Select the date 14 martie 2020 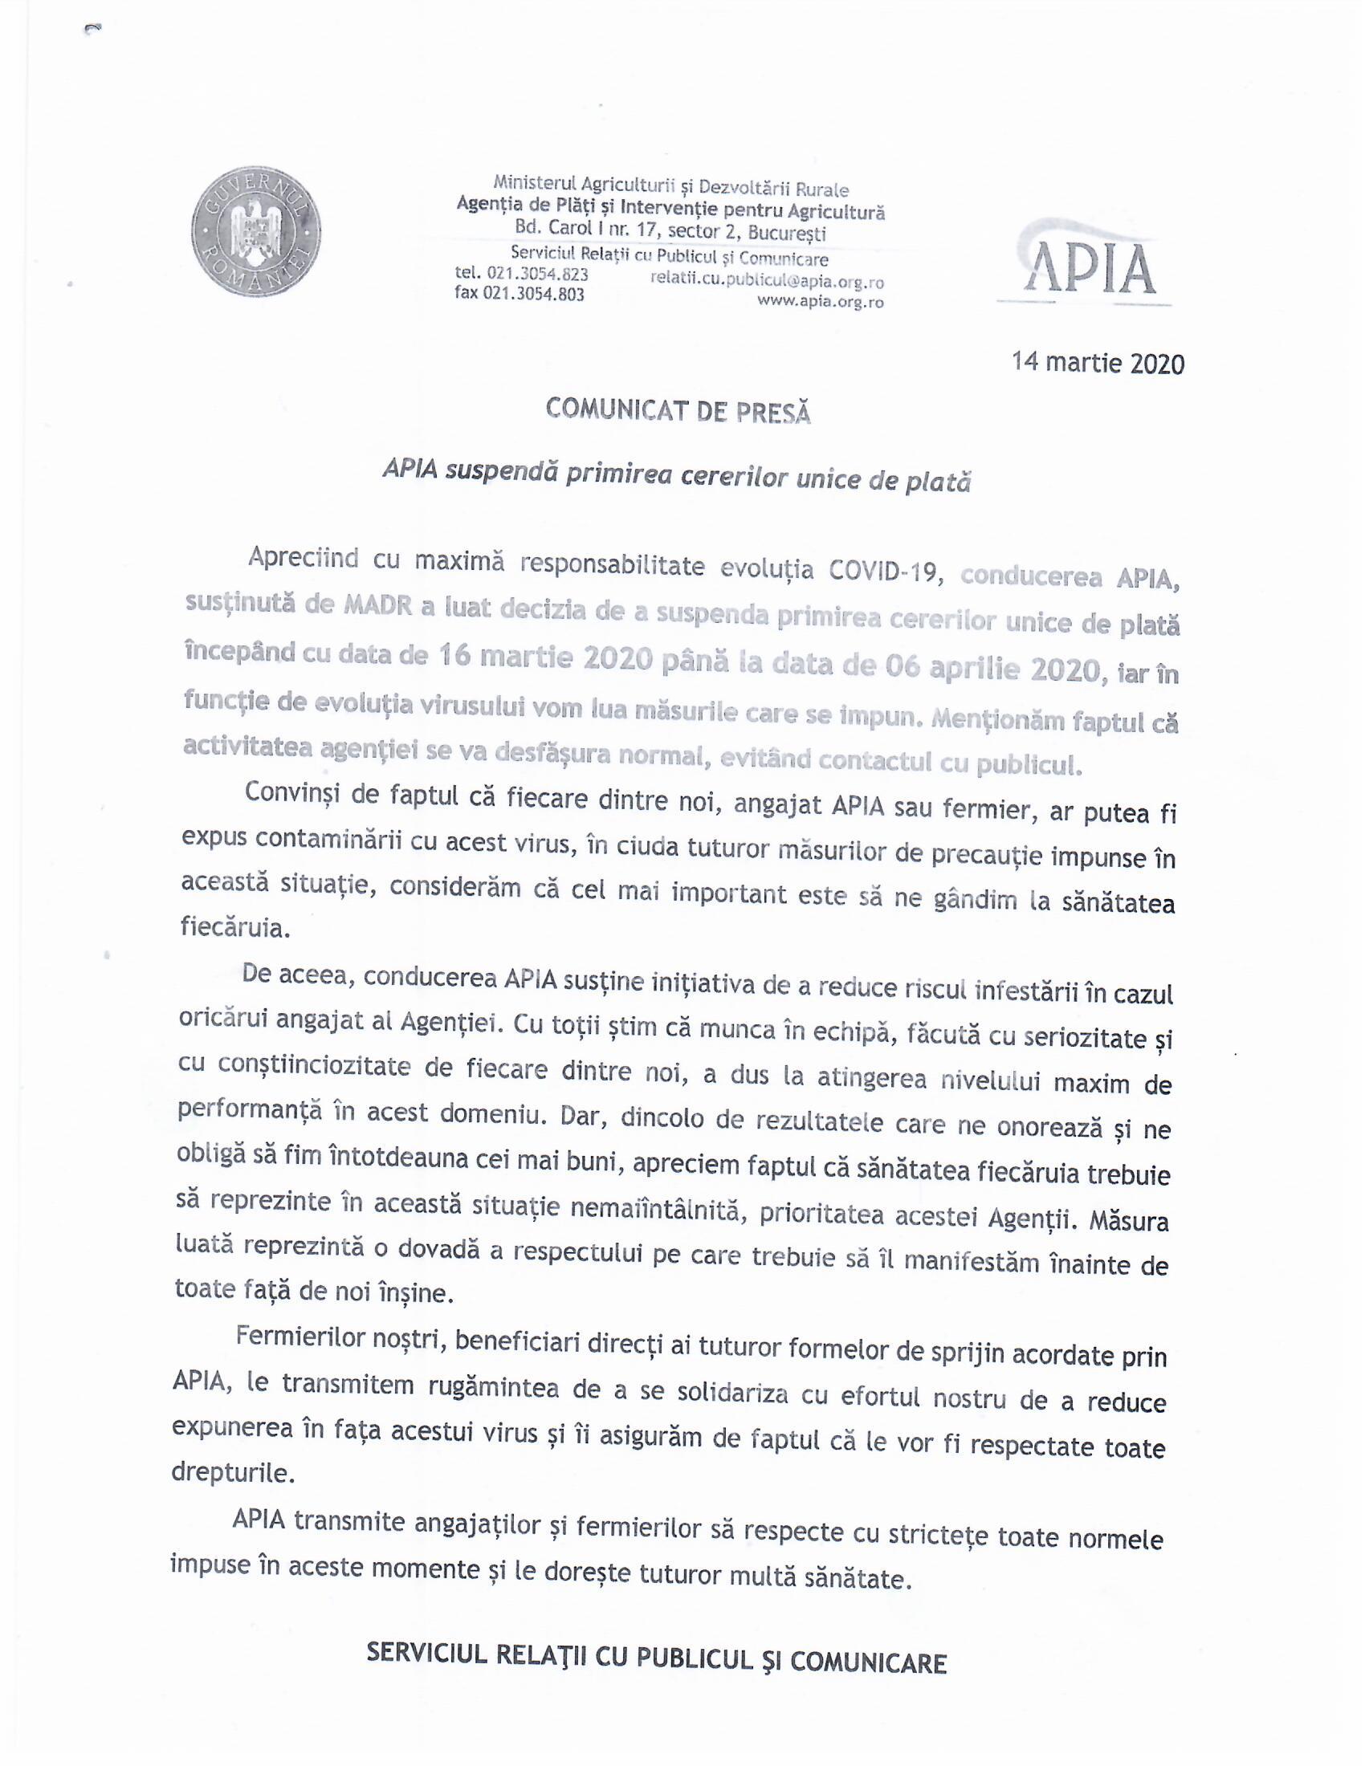point(1098,362)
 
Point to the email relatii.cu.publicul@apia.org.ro point(766,283)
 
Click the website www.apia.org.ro point(819,303)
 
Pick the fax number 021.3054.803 point(533,294)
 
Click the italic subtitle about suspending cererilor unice point(676,478)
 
